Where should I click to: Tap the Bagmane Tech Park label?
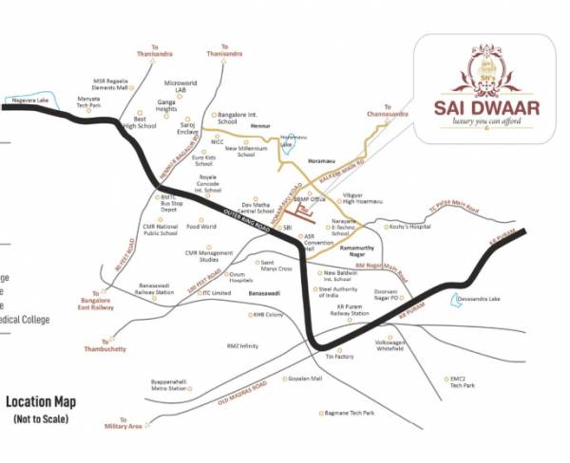coord(349,413)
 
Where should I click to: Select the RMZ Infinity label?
coord(242,346)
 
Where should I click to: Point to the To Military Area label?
coord(123,423)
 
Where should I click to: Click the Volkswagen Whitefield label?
coord(395,345)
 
